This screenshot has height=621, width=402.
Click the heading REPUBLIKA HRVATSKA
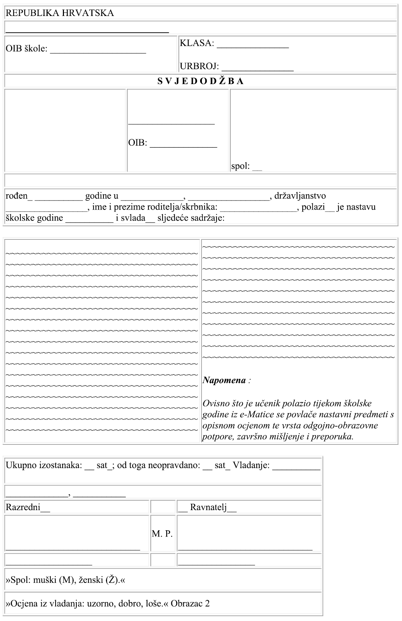coord(60,13)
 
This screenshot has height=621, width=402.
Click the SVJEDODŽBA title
coord(200,81)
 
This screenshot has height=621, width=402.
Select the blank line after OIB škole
coord(98,52)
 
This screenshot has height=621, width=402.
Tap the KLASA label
coord(196,43)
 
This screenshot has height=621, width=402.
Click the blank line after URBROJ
coord(257,70)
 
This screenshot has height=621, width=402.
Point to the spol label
coord(240,166)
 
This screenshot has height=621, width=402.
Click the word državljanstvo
coord(300,196)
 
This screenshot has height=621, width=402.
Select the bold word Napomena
coord(224,380)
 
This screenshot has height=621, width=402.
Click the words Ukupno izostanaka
coord(43,465)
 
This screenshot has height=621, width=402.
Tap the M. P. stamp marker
coord(162,534)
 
